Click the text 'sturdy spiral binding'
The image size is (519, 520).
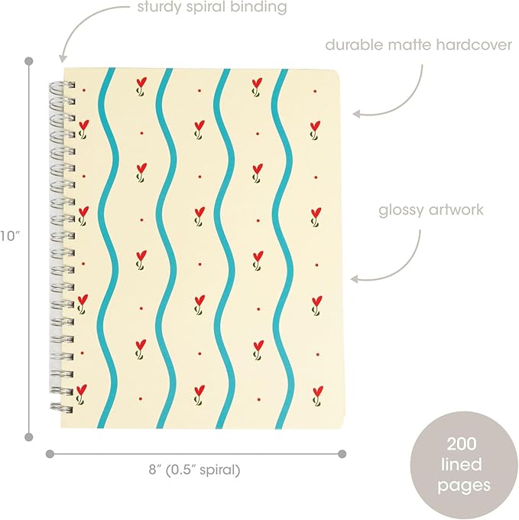(x=212, y=8)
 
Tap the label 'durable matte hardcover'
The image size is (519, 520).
(x=419, y=45)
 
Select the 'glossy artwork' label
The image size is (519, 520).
(x=431, y=210)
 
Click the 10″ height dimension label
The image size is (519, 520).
(x=10, y=236)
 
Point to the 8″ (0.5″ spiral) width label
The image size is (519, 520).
(x=194, y=470)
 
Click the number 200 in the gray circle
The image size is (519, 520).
(x=462, y=444)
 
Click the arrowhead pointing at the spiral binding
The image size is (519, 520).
(x=63, y=59)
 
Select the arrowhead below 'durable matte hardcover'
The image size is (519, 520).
(x=356, y=114)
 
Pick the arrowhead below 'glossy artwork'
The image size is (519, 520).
(x=355, y=279)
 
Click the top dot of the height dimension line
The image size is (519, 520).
(x=29, y=61)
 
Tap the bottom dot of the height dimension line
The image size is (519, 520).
(x=29, y=437)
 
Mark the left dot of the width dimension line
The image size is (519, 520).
(x=50, y=453)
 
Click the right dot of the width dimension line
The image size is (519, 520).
(x=342, y=453)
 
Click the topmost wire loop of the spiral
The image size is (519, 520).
(x=63, y=86)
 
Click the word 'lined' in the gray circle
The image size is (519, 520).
(x=462, y=465)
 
